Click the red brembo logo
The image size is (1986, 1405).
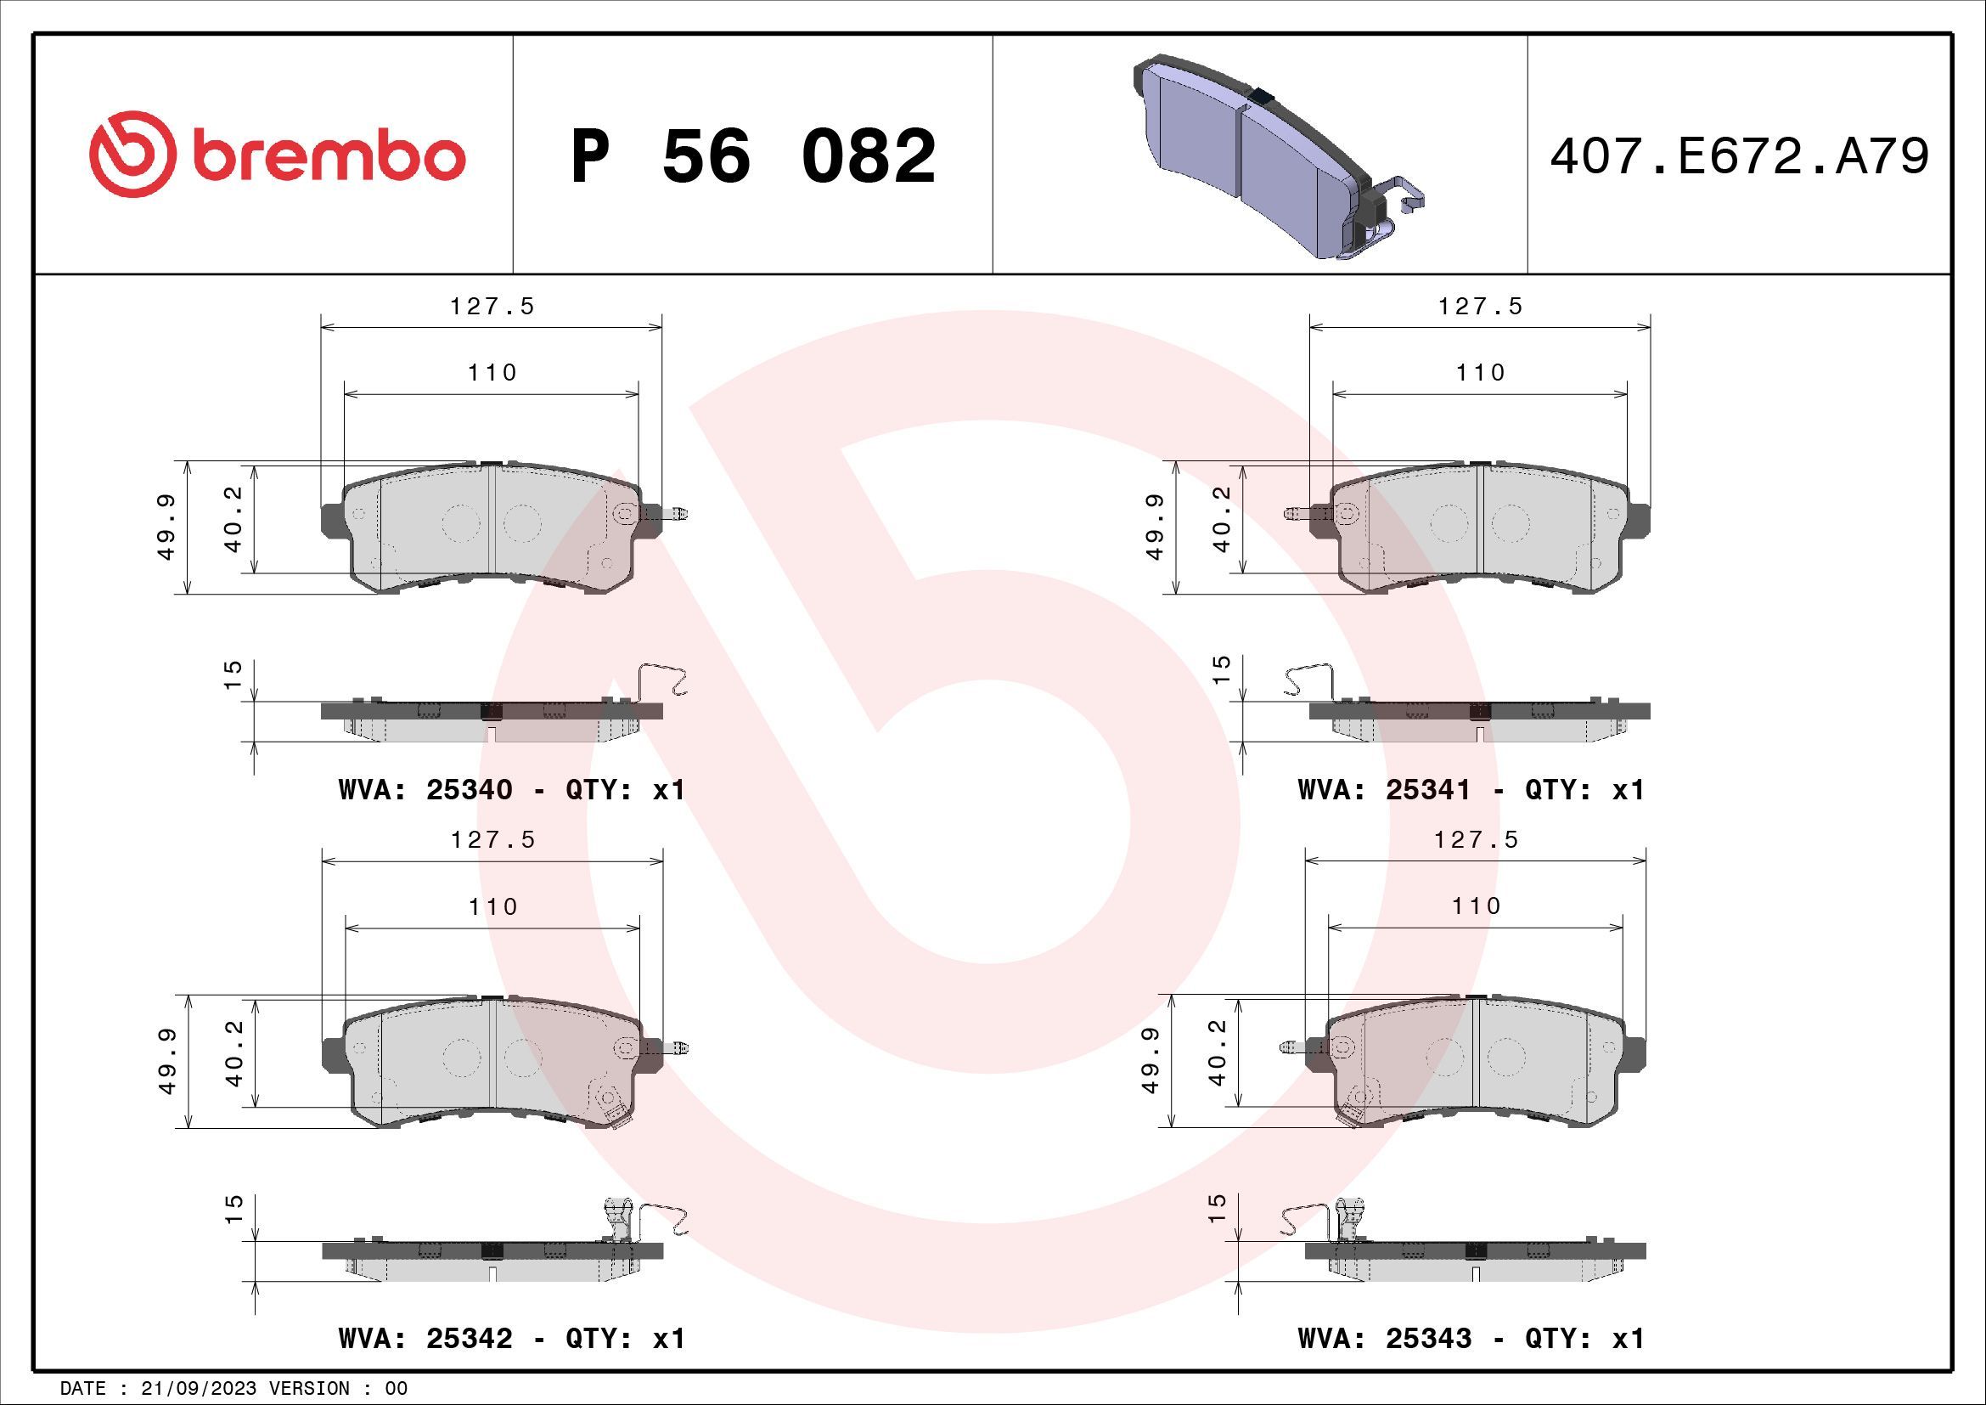(x=277, y=154)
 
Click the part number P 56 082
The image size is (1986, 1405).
(x=752, y=156)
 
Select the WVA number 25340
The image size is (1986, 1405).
(x=469, y=790)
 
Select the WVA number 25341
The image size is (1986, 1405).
(x=1427, y=790)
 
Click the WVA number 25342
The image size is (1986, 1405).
(x=469, y=1339)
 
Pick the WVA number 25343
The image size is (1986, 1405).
(x=1427, y=1339)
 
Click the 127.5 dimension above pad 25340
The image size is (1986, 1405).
(x=492, y=307)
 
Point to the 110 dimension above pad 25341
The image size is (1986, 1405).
(x=1480, y=373)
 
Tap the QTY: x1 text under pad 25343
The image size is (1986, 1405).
(x=1584, y=1339)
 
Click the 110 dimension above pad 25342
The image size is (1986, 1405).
(x=492, y=906)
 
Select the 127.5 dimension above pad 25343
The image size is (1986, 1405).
(x=1476, y=840)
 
